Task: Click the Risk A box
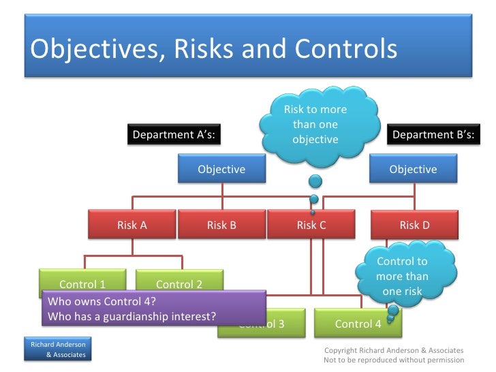(x=132, y=225)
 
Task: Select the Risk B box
(x=221, y=225)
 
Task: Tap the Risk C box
(x=311, y=225)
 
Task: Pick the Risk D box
(x=414, y=225)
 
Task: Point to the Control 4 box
(x=358, y=324)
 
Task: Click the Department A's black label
(x=174, y=135)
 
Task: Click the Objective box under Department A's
(x=221, y=169)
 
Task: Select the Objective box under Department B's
(x=413, y=169)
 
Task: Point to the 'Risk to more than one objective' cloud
(x=315, y=125)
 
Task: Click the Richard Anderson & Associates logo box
(x=57, y=350)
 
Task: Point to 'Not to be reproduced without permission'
(x=394, y=360)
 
